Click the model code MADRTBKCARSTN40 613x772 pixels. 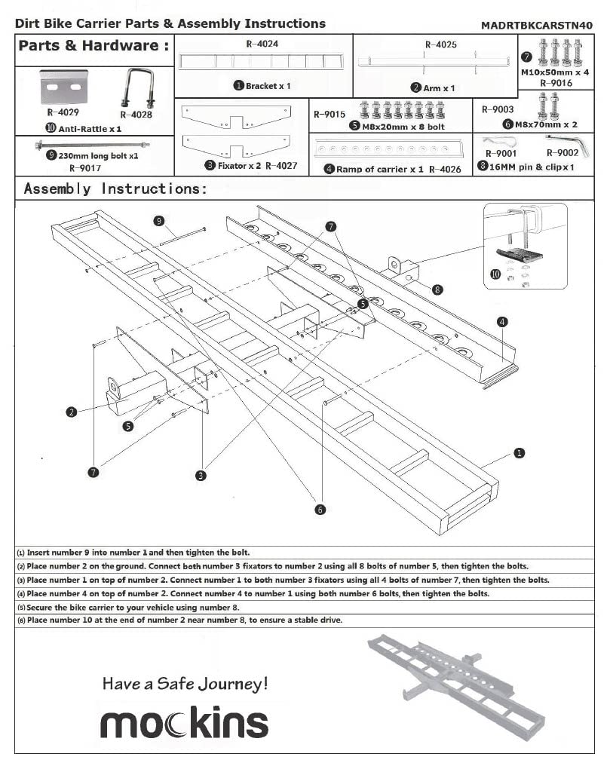[x=536, y=25]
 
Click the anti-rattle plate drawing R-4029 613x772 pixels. [x=62, y=89]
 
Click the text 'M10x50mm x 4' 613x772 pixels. [x=555, y=73]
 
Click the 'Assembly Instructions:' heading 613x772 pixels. [x=115, y=188]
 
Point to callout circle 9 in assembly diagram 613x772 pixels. [x=159, y=220]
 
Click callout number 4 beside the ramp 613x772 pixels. [x=502, y=322]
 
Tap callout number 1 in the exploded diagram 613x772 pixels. [x=519, y=453]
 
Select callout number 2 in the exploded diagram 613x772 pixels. [x=72, y=412]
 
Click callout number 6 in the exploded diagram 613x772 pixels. [x=320, y=510]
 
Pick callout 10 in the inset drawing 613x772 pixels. [x=495, y=274]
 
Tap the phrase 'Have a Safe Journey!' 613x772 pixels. [x=185, y=684]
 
